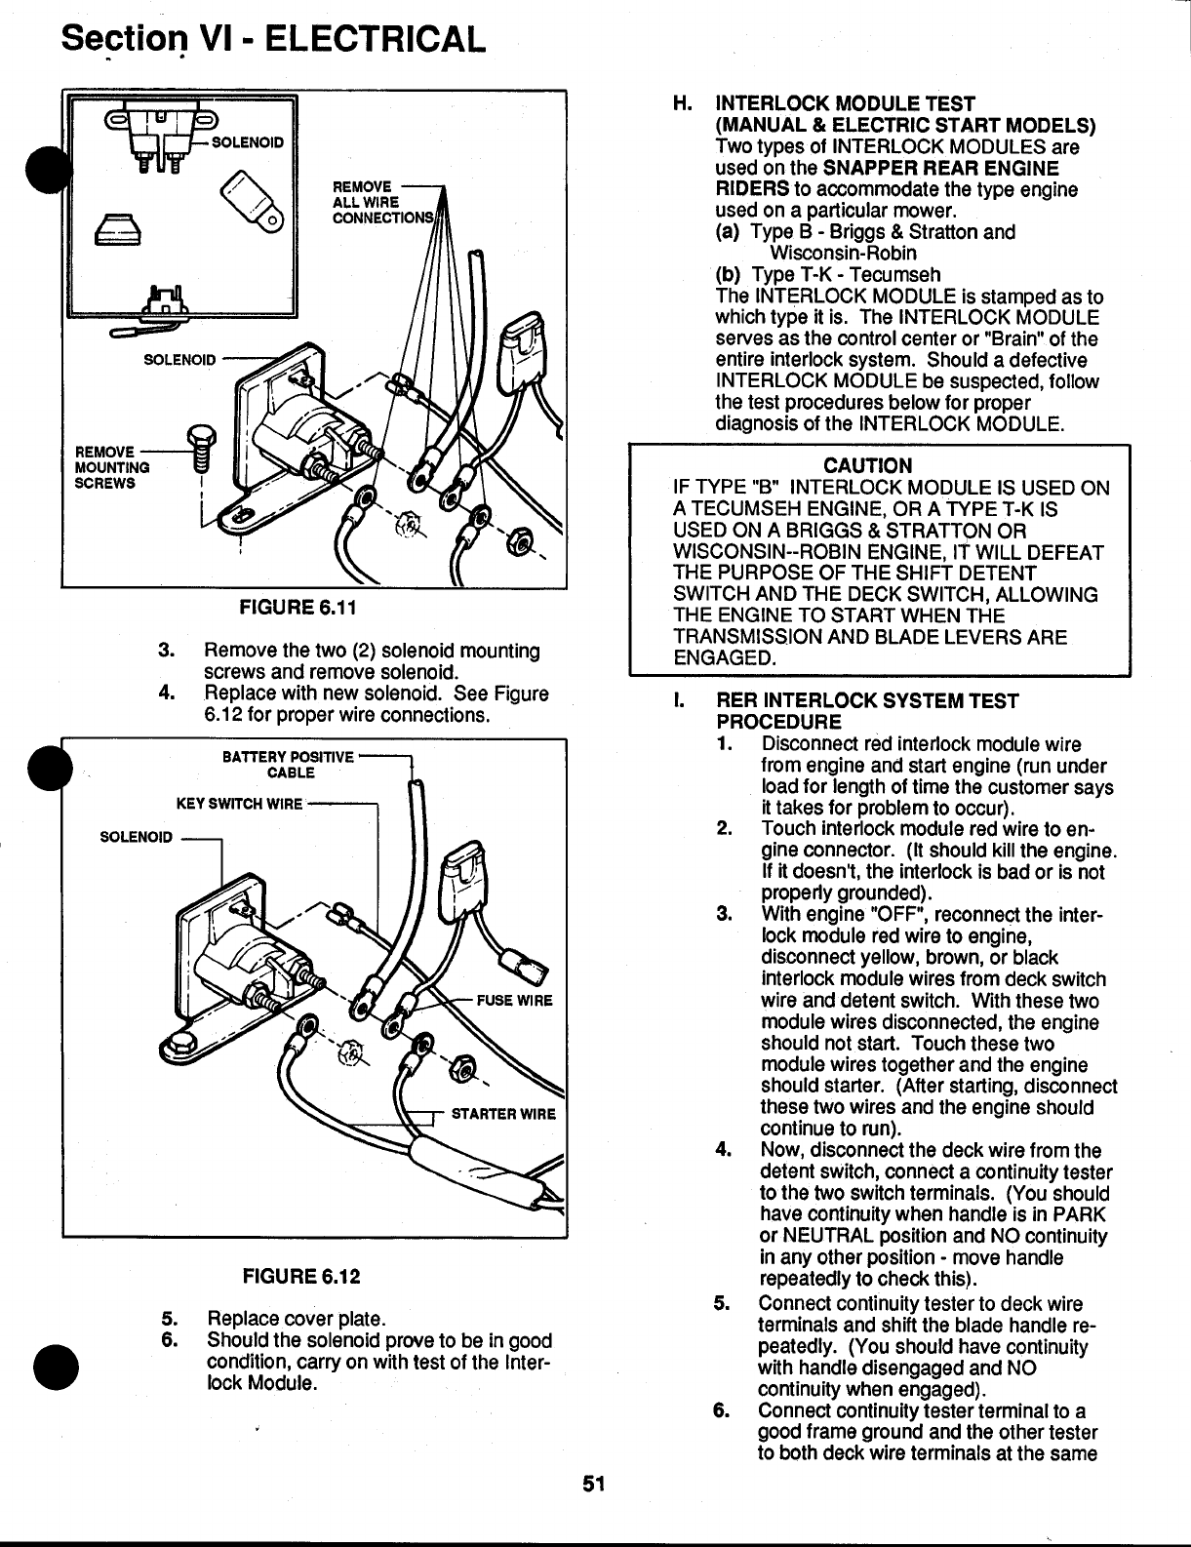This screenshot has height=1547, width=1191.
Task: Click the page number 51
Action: coord(595,1484)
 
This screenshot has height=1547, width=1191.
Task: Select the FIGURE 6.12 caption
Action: coord(301,1276)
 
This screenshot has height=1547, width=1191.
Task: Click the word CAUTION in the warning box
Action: coord(868,465)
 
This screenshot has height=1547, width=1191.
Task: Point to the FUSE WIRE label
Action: coord(514,1001)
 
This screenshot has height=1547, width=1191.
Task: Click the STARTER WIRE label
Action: coord(502,1115)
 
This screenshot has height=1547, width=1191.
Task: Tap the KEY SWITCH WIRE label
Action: coord(239,805)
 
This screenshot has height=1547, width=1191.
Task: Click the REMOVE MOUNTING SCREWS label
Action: coord(113,467)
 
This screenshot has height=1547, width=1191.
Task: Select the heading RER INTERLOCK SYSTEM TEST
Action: coord(868,701)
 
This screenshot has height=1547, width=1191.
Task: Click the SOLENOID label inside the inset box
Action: coord(248,141)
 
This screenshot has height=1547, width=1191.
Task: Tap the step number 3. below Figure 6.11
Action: coord(167,651)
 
